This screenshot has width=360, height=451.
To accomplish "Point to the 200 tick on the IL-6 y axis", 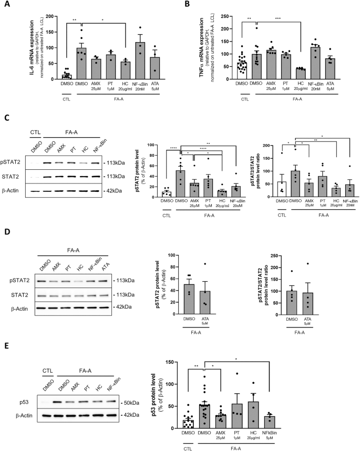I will (54, 17).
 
